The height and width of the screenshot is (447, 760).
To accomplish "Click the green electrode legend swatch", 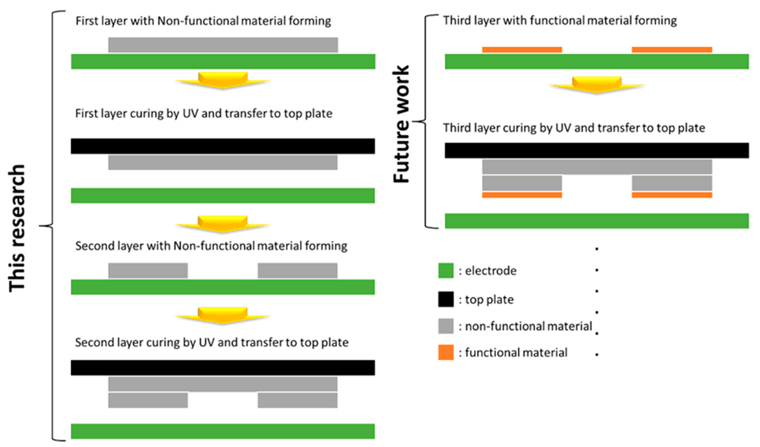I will coord(446,270).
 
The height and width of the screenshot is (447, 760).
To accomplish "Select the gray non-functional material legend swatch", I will coord(446,326).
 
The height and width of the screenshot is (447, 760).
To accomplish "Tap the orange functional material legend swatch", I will coord(446,352).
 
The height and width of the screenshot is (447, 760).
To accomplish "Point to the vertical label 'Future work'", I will coord(401,124).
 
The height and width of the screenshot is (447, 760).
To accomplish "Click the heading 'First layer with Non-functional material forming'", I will coord(203,21).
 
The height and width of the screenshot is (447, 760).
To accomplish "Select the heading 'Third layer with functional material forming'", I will coord(559,21).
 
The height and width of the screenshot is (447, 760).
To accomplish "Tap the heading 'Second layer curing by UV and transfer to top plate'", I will coord(212,342).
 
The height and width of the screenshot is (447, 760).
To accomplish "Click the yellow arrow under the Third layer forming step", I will coord(597,85).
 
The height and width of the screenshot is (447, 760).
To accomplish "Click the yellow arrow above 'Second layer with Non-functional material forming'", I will coord(223,224).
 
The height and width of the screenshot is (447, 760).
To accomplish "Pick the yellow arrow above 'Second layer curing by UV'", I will coord(223,315).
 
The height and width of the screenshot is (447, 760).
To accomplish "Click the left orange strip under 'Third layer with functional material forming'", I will coord(522,50).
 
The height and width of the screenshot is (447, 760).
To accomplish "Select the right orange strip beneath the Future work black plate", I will coord(672,195).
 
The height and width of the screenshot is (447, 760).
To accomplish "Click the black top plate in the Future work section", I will coord(597,150).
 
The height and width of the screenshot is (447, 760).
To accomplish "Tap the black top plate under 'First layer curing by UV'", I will coord(223,146).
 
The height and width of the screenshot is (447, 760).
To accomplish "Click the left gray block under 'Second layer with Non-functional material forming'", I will coord(148,270).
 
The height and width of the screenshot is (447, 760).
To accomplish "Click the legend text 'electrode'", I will coord(490,271).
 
